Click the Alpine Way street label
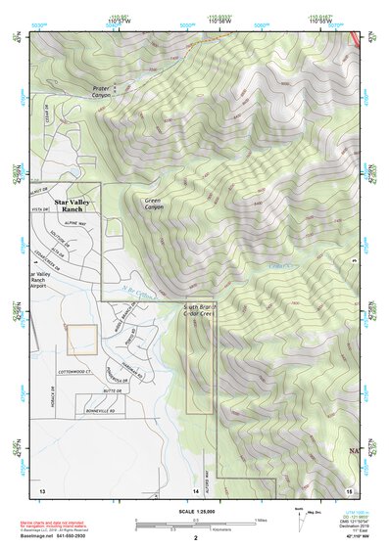pyautogui.click(x=75, y=223)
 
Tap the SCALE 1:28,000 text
pyautogui.click(x=195, y=511)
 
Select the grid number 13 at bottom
pyautogui.click(x=41, y=489)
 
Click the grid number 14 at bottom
pyautogui.click(x=196, y=489)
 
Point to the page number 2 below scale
pyautogui.click(x=195, y=537)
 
